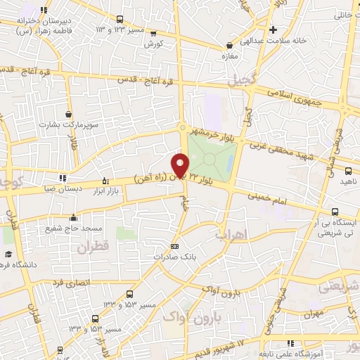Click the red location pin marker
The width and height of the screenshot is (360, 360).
click(181, 165)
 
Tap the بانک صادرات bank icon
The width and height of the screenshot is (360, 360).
click(174, 247)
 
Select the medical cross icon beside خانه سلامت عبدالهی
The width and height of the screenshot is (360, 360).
click(274, 29)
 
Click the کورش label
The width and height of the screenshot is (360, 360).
click(153, 44)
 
